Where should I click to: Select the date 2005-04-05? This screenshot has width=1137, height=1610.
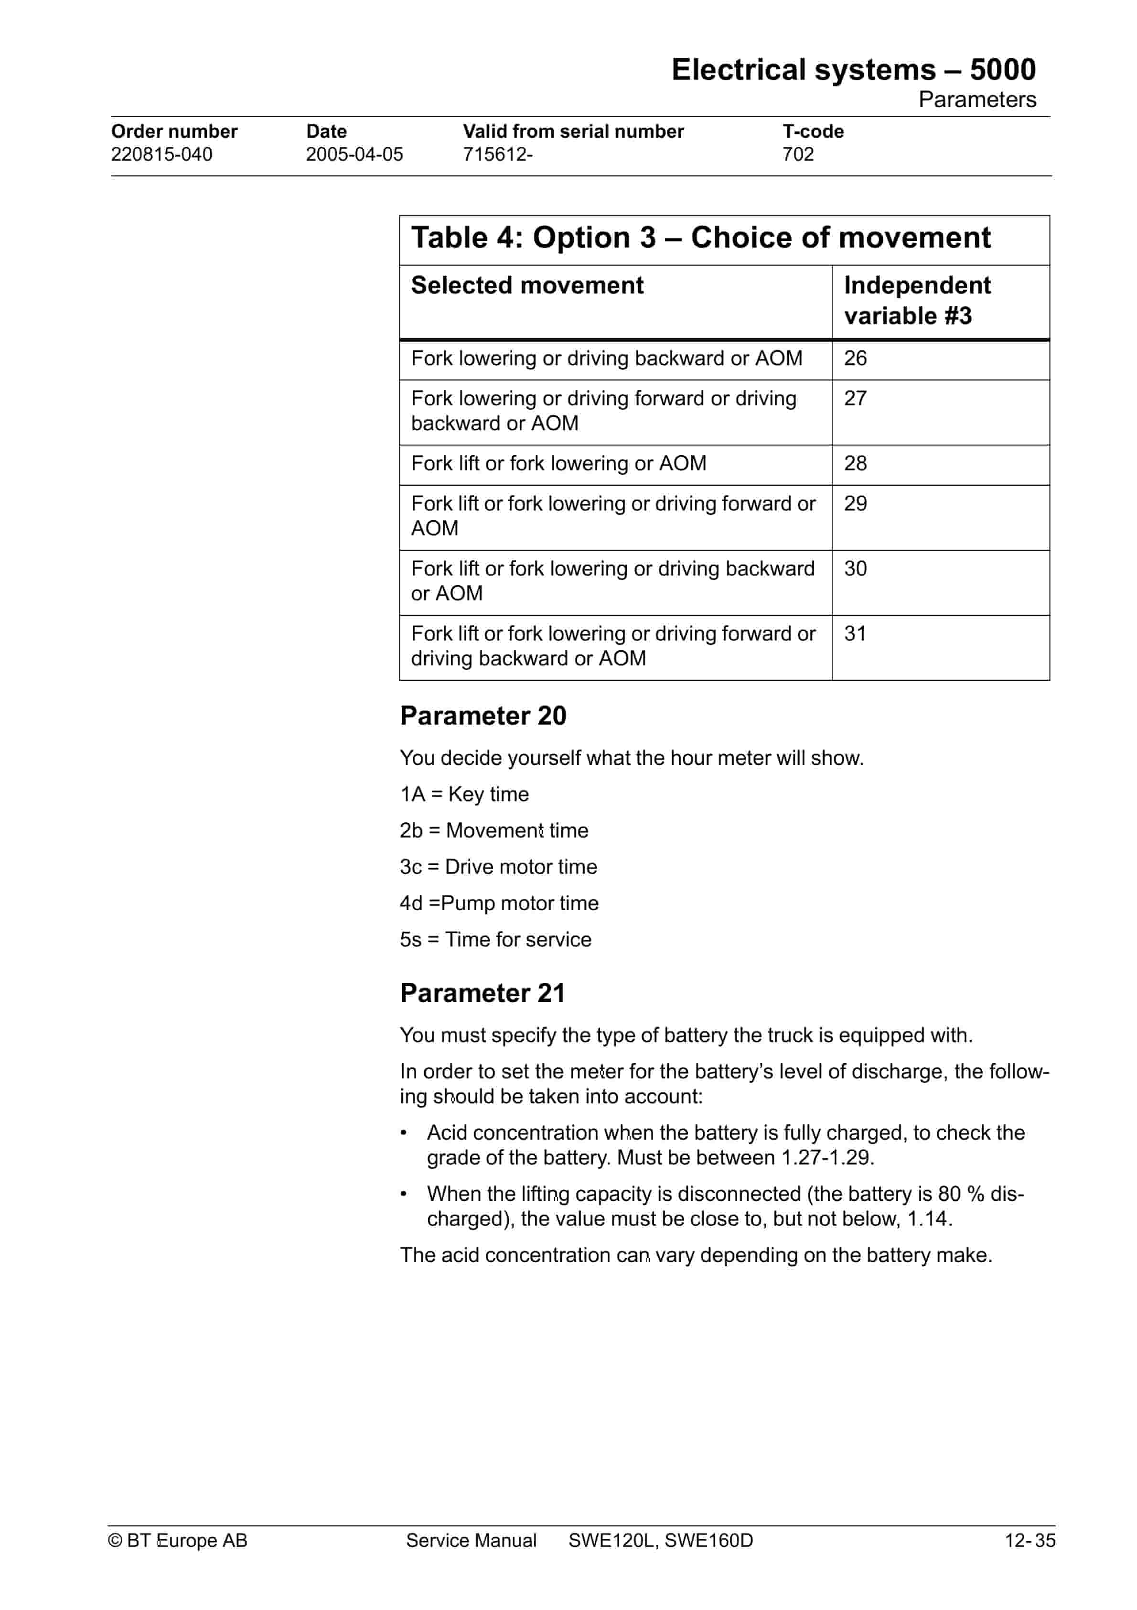354,154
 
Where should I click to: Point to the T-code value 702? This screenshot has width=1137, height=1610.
798,154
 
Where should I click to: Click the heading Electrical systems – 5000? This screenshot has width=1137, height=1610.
853,70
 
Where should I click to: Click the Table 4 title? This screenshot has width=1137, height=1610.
700,238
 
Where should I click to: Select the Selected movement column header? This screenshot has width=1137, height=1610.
526,285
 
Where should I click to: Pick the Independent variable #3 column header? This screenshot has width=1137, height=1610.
916,300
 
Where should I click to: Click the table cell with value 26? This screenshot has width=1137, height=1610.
855,359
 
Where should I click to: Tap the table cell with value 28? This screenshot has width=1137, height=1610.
855,464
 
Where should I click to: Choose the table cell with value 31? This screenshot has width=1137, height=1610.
855,634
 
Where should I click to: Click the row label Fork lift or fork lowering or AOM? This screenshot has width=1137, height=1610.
558,464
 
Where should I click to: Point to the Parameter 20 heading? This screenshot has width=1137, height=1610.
483,716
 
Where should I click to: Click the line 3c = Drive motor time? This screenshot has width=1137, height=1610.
498,867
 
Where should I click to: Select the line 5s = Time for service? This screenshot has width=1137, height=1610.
495,940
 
